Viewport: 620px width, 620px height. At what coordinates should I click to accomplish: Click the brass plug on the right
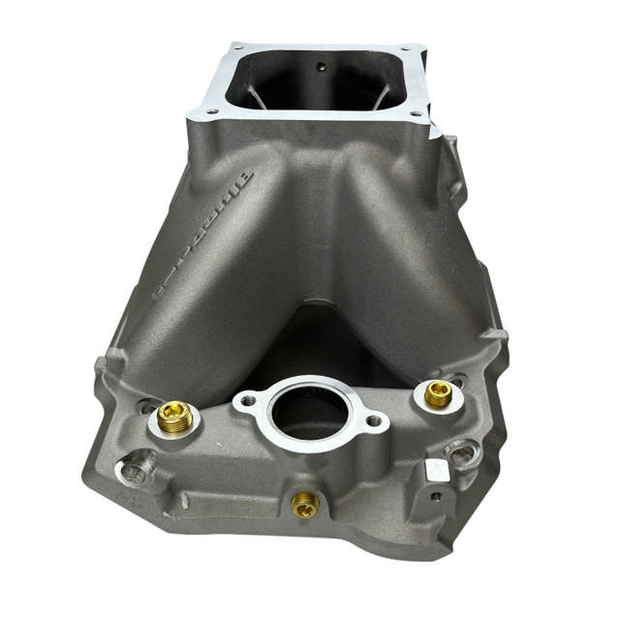[438, 393]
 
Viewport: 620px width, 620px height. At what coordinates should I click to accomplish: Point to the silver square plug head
[437, 470]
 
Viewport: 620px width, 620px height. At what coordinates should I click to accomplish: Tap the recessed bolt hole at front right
[464, 452]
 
